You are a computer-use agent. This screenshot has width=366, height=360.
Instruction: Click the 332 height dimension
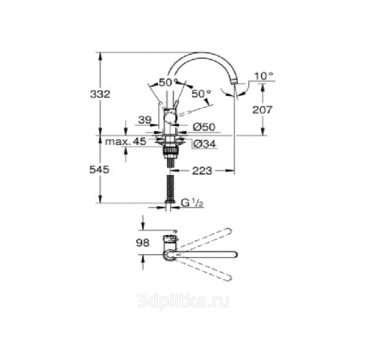100,94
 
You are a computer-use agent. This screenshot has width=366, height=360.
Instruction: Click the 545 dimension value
99,170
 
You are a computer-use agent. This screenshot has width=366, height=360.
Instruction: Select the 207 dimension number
263,110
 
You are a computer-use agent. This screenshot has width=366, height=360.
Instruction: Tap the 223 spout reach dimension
202,171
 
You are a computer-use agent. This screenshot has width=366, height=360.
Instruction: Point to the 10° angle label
264,76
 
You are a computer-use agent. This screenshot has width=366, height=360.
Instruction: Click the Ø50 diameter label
204,127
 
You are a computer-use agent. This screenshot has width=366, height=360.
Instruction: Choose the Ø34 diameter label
205,144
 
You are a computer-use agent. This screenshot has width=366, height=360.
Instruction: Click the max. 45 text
126,141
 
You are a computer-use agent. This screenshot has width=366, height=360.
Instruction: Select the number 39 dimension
145,120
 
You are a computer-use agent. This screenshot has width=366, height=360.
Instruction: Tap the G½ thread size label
192,203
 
